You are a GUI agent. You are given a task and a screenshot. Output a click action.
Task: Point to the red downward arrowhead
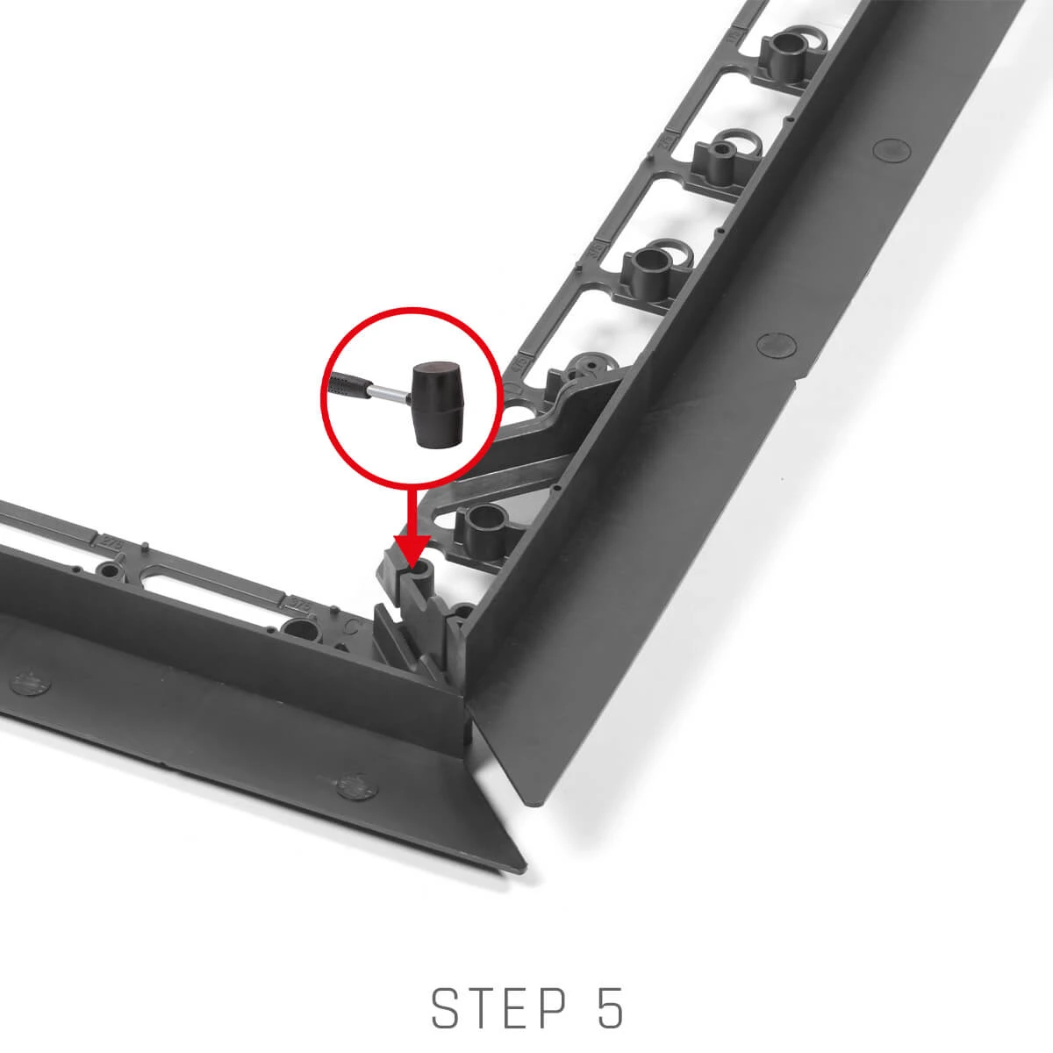412,551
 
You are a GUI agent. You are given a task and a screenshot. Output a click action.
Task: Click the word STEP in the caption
499,1008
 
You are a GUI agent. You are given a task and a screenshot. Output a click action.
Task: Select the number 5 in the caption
610,1008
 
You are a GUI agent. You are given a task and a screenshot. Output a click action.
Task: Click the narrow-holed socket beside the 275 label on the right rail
722,156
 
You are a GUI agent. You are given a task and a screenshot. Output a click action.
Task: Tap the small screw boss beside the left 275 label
110,571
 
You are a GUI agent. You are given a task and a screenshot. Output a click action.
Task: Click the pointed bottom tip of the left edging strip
524,868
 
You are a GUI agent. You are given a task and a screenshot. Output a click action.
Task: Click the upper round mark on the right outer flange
892,149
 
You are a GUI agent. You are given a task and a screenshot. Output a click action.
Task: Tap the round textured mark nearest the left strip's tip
357,787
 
